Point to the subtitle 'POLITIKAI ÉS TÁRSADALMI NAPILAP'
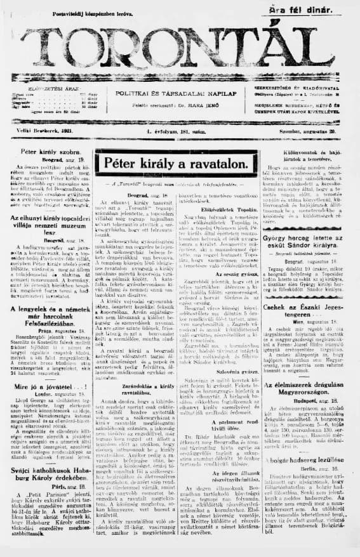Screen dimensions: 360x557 180,93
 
